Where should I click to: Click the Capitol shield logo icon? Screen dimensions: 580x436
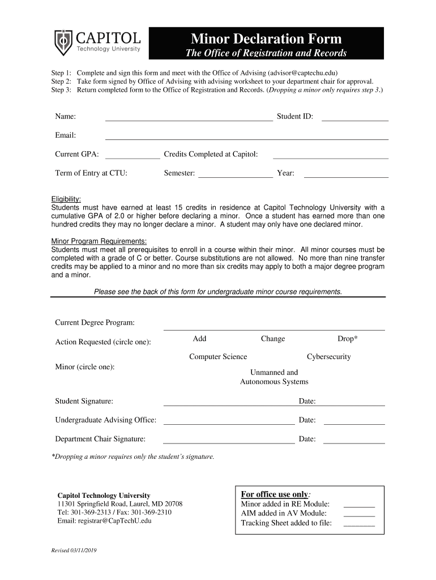point(63,43)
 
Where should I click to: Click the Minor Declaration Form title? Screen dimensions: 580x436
point(266,39)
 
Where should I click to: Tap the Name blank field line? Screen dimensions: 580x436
point(189,117)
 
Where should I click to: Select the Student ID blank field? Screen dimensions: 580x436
point(355,117)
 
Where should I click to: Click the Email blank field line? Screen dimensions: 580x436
point(246,136)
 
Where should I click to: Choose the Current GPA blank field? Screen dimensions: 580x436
point(132,155)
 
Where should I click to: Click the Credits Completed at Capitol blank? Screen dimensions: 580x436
point(330,155)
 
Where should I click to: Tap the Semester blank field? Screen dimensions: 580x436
point(236,174)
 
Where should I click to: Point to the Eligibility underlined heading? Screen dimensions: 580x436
point(66,199)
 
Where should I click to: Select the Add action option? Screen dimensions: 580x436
point(199,339)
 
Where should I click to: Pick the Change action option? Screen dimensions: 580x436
point(273,339)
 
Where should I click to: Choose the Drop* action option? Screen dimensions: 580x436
point(347,339)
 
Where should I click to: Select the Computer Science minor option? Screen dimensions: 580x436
point(218,357)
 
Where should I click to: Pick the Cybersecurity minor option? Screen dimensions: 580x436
point(328,357)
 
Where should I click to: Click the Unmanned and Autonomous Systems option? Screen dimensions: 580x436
point(274,377)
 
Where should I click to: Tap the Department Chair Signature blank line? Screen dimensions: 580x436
point(229,440)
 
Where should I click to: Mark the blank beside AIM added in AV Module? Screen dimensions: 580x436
point(359,514)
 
